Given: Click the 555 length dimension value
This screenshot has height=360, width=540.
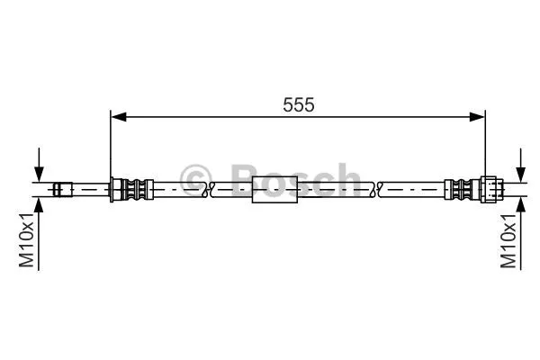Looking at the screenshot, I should point(298,104).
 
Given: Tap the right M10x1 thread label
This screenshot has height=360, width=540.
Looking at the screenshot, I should point(510,240).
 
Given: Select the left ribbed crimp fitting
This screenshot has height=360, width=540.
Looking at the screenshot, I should point(134,189).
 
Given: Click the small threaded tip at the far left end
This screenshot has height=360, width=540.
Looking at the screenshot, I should point(62,189).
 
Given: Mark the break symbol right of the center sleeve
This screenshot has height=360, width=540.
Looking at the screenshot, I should point(375,190).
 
